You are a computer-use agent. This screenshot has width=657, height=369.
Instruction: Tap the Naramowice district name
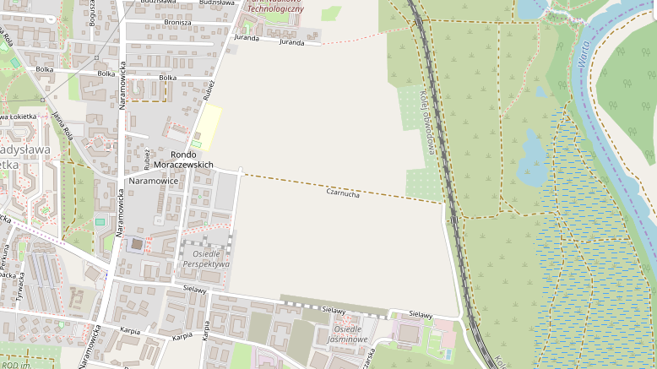pos(154,181)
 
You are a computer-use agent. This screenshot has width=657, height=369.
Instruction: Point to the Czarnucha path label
pos(343,193)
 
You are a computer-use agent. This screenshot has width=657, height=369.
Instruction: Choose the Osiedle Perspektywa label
pos(206,259)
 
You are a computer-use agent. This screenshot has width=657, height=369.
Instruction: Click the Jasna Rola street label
pos(62,124)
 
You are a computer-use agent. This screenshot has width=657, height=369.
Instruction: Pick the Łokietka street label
pos(20,116)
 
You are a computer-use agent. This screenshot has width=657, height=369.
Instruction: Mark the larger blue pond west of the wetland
pos(534,152)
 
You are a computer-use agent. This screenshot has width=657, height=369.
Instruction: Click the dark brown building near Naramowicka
pos(137,244)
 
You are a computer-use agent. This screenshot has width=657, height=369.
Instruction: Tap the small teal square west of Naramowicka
pos(100,222)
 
